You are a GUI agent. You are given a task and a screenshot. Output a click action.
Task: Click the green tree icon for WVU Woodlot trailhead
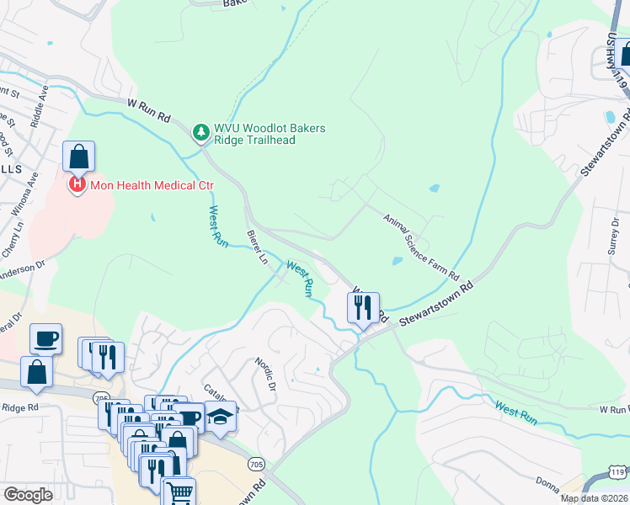pyautogui.click(x=200, y=132)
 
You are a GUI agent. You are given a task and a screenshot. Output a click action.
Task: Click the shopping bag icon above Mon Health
pyautogui.click(x=78, y=157)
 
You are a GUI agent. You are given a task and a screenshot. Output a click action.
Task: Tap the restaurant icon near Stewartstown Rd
pyautogui.click(x=363, y=307)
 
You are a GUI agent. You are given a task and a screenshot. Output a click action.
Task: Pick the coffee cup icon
pyautogui.click(x=45, y=338)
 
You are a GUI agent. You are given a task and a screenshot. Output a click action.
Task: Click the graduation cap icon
pyautogui.click(x=220, y=417)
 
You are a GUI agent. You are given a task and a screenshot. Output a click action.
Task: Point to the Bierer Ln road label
pyautogui.click(x=256, y=247)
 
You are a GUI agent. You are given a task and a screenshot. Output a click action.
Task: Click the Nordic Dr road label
pyautogui.click(x=265, y=374)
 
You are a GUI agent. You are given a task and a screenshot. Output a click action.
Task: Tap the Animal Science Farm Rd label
pyautogui.click(x=420, y=247)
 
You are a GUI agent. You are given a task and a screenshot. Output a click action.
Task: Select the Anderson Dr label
pyautogui.click(x=21, y=271)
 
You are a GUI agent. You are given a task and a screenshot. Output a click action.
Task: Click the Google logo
pyautogui.click(x=28, y=495)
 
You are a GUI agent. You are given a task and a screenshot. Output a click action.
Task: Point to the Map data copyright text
pyautogui.click(x=594, y=498)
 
